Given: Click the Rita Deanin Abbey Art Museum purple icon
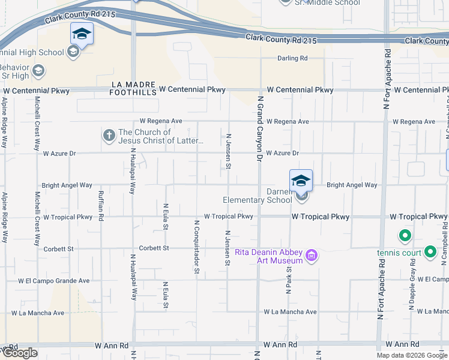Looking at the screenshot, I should click(x=311, y=256).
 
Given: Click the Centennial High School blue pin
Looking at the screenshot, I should click(x=82, y=34).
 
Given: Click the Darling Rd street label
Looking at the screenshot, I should click(x=292, y=58).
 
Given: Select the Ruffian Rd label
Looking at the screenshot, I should click(x=101, y=206).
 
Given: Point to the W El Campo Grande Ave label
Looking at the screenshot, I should click(x=53, y=280).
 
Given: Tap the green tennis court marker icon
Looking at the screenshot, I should click(x=405, y=236).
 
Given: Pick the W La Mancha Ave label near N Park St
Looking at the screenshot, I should click(x=291, y=312).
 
